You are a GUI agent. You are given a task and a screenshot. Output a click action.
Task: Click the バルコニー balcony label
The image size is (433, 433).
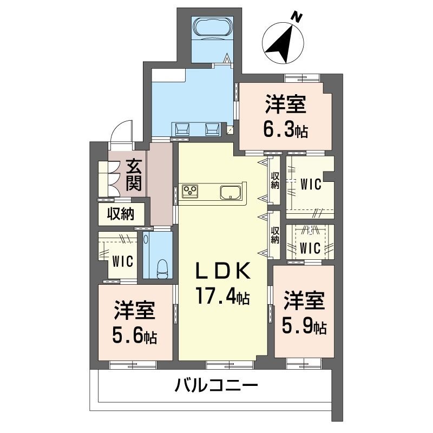click(215, 386)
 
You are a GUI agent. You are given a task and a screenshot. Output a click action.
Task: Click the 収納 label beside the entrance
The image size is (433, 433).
click(120, 214)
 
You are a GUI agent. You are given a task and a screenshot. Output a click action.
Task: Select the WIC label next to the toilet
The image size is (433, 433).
click(123, 260)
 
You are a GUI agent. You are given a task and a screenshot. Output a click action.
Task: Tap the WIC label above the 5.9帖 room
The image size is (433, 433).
click(310, 248)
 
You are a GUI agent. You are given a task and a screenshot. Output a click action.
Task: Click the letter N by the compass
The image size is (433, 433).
click(296, 17)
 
